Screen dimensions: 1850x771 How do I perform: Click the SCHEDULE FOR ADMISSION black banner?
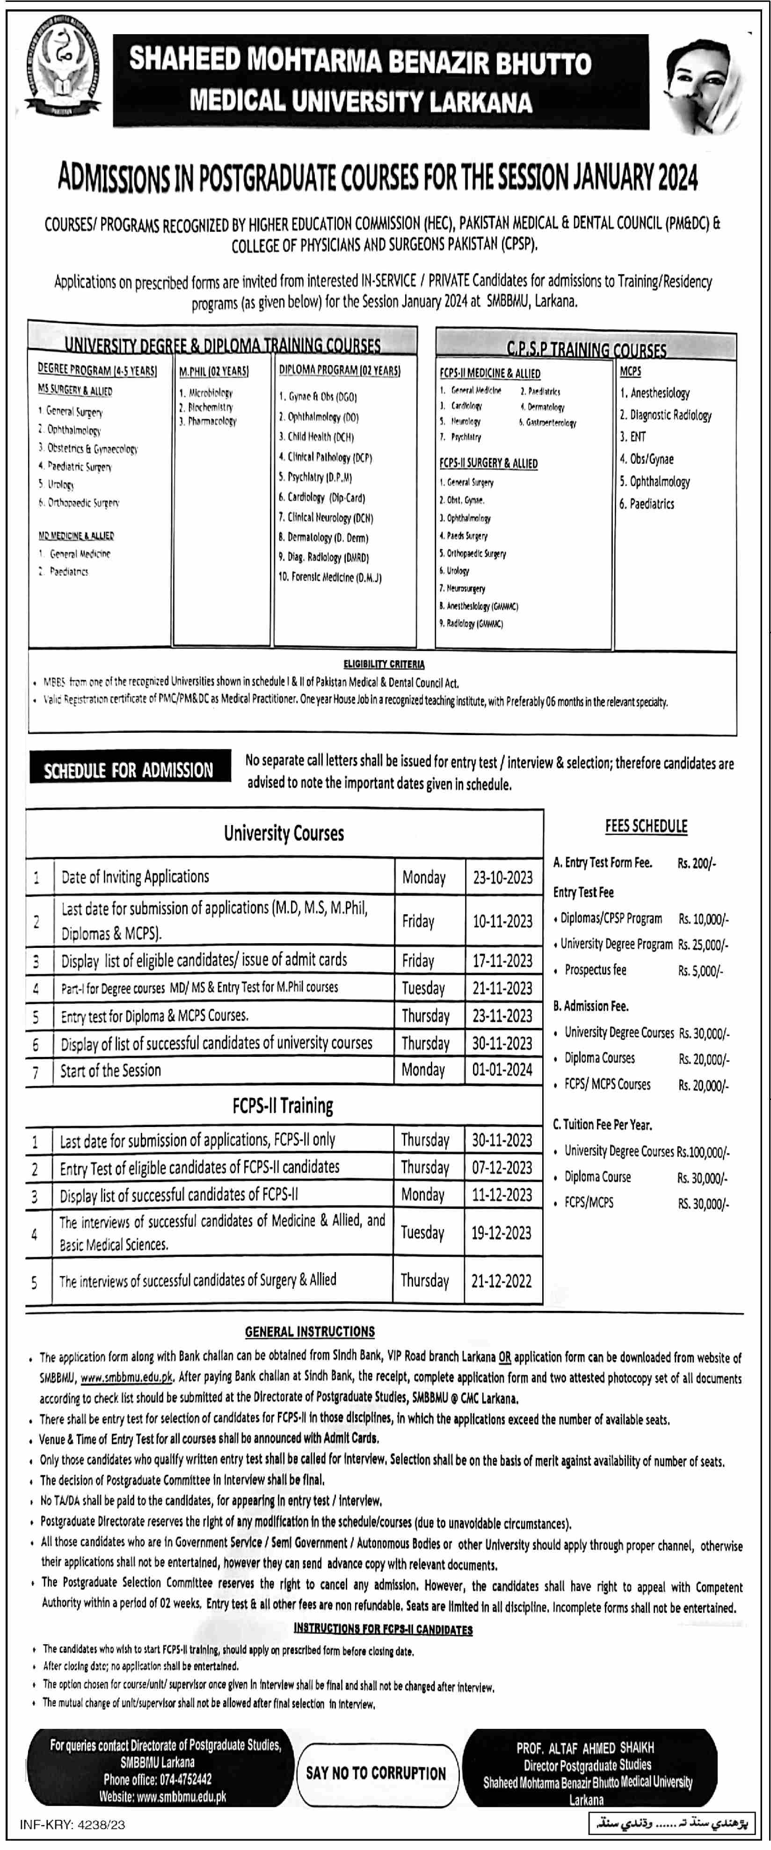click(x=129, y=770)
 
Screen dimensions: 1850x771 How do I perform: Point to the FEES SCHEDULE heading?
click(x=646, y=826)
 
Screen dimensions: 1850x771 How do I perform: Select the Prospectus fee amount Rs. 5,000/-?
click(x=700, y=970)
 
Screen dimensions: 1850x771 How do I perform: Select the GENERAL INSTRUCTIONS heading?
click(x=310, y=1331)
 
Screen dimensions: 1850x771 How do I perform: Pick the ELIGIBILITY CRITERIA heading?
click(x=384, y=665)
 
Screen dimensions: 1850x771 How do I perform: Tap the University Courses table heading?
click(x=284, y=833)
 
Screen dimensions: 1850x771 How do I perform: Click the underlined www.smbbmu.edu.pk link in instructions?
click(x=126, y=1378)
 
